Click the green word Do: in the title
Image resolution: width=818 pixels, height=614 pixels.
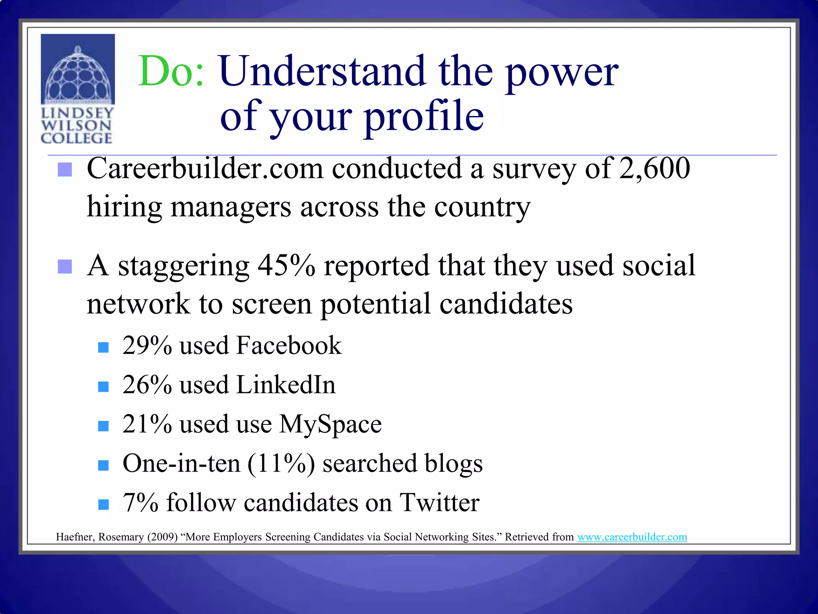click(171, 72)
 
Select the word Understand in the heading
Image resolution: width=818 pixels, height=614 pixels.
click(322, 72)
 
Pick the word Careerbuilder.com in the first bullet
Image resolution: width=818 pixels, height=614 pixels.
click(204, 168)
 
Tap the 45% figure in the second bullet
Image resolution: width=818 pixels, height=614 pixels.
click(286, 265)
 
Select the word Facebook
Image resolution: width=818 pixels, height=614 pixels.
click(289, 345)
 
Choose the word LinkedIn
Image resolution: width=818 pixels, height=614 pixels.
click(286, 385)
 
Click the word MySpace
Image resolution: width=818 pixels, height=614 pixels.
click(330, 425)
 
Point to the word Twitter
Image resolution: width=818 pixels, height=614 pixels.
click(439, 503)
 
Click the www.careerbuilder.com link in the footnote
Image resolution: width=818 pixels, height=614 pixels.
click(632, 537)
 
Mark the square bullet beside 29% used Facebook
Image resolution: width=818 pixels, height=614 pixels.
click(103, 347)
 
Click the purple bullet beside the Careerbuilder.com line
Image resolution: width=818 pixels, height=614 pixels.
click(65, 169)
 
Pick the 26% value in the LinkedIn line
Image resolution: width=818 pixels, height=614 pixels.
click(147, 385)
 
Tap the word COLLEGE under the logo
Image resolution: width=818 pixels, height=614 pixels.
click(76, 138)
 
